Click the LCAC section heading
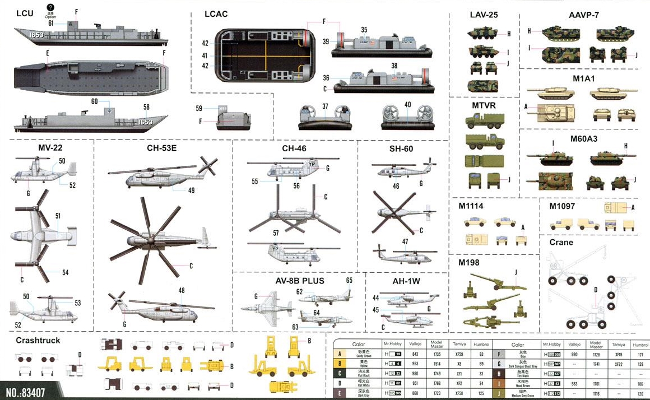216,14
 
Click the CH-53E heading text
162,148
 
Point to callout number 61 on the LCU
51,23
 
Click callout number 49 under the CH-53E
191,190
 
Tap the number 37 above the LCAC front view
325,105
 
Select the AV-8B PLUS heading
298,280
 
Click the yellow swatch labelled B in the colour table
339,364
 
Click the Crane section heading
561,242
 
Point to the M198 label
469,262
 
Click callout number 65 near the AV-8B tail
349,280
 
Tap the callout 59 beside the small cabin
199,108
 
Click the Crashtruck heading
38,340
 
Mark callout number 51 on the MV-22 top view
58,215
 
